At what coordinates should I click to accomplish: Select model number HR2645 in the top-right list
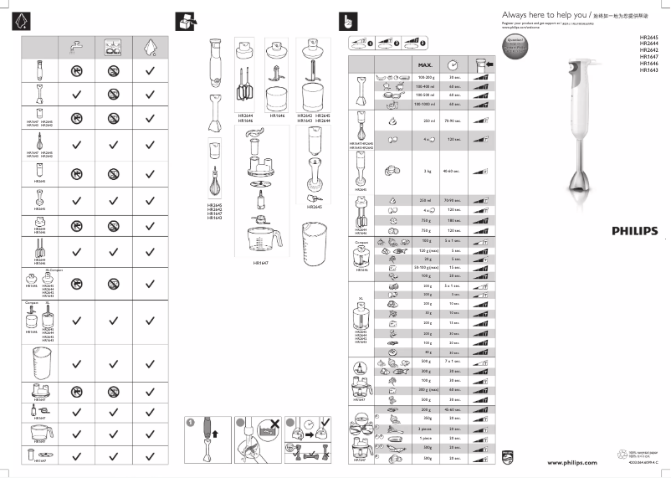click(648, 38)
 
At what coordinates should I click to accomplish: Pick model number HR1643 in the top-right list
click(648, 70)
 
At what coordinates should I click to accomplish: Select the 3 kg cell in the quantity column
click(425, 171)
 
